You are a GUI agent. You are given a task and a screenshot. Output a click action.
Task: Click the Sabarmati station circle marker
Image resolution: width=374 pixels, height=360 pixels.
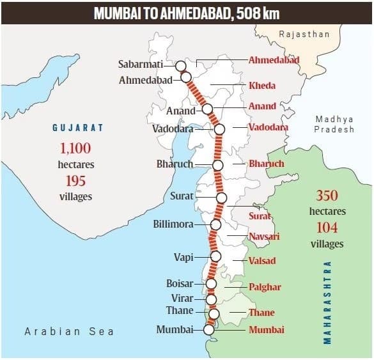click(x=181, y=65)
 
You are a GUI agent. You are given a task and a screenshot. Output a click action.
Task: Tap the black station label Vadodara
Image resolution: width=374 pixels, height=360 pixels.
click(x=173, y=128)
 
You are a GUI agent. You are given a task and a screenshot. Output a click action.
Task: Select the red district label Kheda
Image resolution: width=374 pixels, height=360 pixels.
click(x=262, y=86)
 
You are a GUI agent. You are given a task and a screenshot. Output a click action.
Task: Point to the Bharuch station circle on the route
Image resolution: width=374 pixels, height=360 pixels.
click(x=217, y=165)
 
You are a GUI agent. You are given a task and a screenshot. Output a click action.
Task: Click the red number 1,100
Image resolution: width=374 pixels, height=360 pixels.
click(x=76, y=148)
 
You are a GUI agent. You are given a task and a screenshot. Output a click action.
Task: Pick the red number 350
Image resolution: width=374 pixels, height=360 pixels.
click(x=327, y=196)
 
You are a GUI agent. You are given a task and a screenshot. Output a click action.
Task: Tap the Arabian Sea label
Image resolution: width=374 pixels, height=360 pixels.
click(x=69, y=331)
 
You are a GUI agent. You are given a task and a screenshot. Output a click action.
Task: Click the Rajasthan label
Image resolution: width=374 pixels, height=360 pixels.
click(x=305, y=34)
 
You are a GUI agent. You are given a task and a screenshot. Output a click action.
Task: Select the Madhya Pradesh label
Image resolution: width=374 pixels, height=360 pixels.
click(x=334, y=124)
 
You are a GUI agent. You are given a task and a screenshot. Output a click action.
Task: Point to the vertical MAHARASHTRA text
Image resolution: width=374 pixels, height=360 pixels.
click(x=327, y=302)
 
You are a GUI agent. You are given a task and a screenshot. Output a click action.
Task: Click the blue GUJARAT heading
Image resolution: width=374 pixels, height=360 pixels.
click(x=77, y=128)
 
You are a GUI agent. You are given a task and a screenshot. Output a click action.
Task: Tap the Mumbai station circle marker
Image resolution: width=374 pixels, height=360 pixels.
click(x=208, y=330)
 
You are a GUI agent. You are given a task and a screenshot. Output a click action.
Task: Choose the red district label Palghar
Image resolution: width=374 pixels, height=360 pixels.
click(x=265, y=287)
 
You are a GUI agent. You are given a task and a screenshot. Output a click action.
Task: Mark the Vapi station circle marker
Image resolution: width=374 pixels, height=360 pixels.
click(x=215, y=256)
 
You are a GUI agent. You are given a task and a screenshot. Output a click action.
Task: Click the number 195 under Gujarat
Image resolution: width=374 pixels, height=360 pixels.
click(x=76, y=181)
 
